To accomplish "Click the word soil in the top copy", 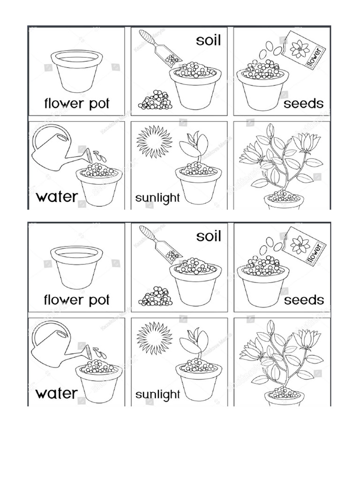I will [208, 41].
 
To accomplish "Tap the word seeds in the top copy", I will [303, 104].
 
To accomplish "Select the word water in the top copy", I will [56, 196].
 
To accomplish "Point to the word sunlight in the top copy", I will [157, 198].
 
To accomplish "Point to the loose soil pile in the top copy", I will [156, 100].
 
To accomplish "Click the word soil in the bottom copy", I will [208, 236].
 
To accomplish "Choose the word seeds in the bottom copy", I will [303, 300].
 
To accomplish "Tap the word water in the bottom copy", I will [56, 393].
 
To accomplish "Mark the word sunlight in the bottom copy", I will [157, 395].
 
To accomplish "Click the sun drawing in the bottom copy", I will [154, 337].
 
